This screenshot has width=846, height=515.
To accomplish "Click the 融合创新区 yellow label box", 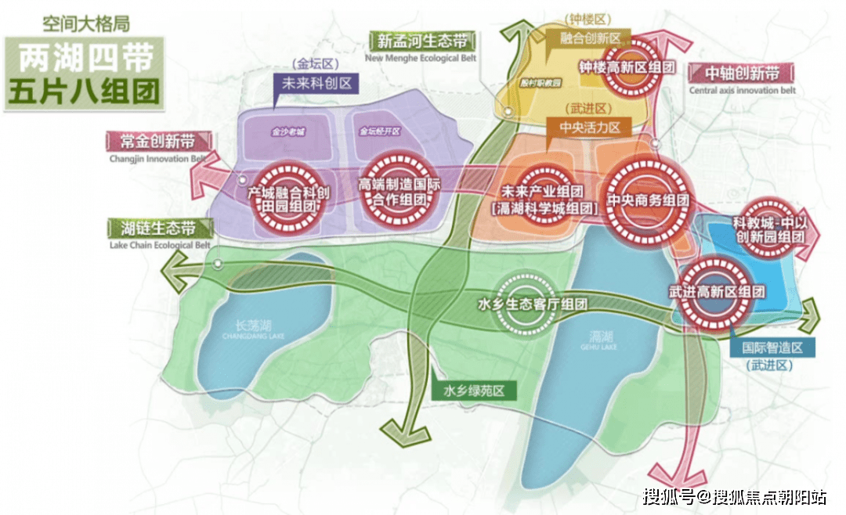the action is [x=591, y=38].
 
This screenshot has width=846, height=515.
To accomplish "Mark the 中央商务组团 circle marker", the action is [x=649, y=200].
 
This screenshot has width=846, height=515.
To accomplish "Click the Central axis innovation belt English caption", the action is [x=742, y=91].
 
